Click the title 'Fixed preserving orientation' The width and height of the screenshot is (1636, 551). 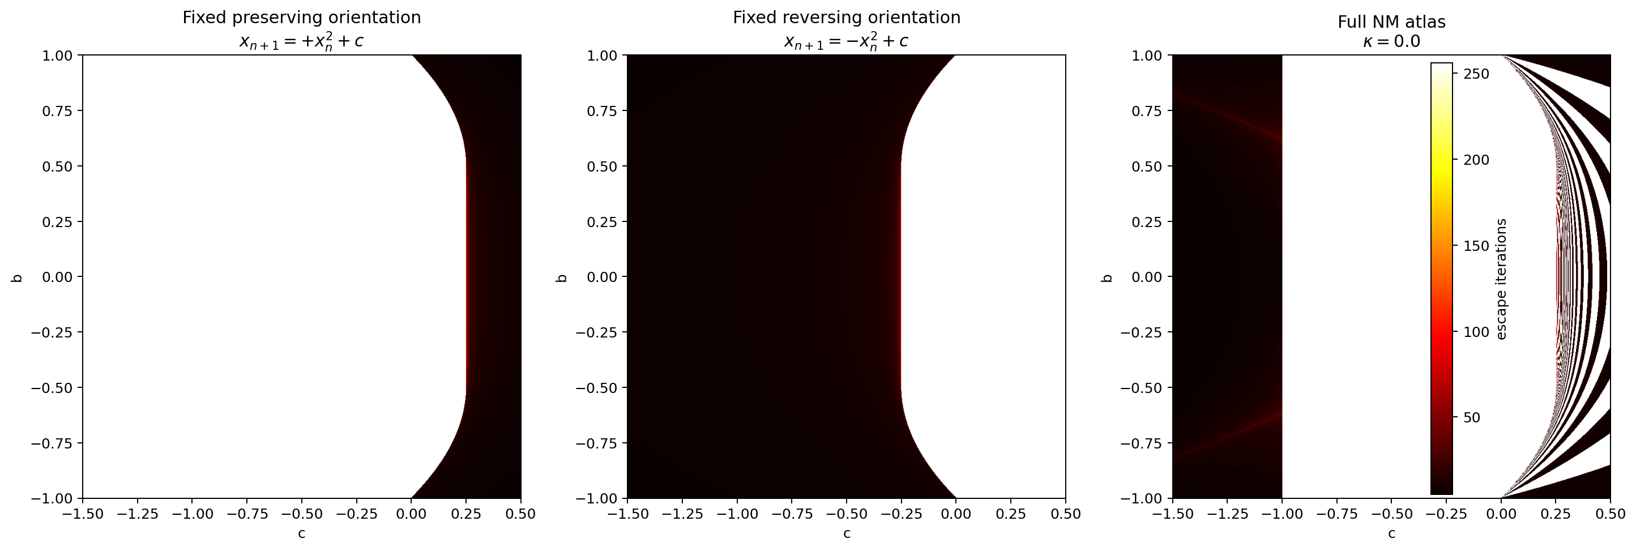pyautogui.click(x=301, y=18)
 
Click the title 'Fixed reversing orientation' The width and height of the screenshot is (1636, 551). pyautogui.click(x=846, y=18)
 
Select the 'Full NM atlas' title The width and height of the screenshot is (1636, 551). pyautogui.click(x=1391, y=22)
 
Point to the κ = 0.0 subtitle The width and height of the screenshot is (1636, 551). pyautogui.click(x=1391, y=42)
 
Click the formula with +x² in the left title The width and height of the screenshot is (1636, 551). pyautogui.click(x=301, y=42)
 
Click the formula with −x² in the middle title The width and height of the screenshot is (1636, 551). pyautogui.click(x=846, y=42)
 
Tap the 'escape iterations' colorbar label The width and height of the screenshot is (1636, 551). pyautogui.click(x=1501, y=279)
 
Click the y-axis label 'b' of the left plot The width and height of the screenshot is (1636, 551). pyautogui.click(x=17, y=277)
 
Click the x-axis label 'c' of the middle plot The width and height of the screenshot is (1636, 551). pyautogui.click(x=846, y=534)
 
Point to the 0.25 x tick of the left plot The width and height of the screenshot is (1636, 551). pyautogui.click(x=466, y=514)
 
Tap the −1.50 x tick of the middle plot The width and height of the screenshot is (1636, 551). pyautogui.click(x=627, y=514)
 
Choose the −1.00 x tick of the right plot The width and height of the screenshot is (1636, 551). pyautogui.click(x=1282, y=514)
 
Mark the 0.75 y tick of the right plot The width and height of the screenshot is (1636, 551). pyautogui.click(x=1150, y=111)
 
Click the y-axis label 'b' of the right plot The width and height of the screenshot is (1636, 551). pyautogui.click(x=1107, y=277)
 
